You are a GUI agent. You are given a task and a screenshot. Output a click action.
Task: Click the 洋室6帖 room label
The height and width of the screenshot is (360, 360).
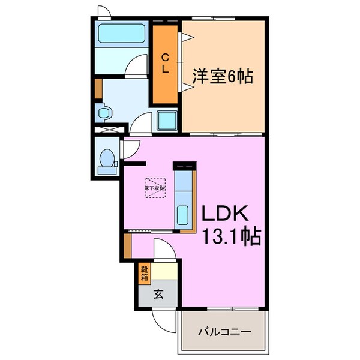click(222, 76)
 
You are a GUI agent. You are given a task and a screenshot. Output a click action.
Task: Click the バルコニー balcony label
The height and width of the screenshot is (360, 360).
click(223, 331)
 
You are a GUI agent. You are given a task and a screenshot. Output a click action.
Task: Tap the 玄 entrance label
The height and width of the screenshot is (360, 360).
click(158, 294)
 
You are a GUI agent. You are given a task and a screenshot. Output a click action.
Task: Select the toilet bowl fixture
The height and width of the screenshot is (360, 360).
click(108, 159)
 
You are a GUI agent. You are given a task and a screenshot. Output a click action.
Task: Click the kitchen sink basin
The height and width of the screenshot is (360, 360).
click(183, 214)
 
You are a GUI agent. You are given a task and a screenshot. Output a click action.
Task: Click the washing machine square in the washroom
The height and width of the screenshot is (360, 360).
click(166, 120)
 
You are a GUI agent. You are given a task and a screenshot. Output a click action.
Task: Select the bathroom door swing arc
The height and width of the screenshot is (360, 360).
click(139, 64)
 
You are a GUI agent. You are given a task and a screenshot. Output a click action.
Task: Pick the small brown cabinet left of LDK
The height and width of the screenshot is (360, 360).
click(127, 243)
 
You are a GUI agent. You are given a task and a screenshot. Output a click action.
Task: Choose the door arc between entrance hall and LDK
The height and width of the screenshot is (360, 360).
click(162, 249)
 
